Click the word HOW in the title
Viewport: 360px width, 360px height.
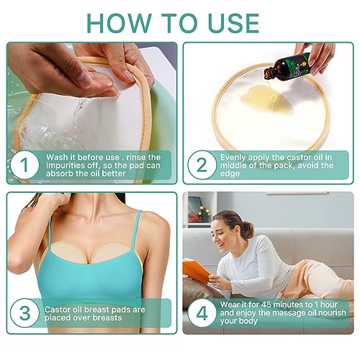click(x=120, y=23)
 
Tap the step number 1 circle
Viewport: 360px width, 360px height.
click(x=24, y=165)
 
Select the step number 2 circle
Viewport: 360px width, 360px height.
click(x=202, y=165)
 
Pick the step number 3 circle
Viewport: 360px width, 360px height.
click(x=24, y=313)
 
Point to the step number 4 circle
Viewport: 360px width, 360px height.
click(x=202, y=313)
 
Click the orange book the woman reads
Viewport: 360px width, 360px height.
click(x=197, y=271)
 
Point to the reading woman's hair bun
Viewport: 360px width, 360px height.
click(x=248, y=230)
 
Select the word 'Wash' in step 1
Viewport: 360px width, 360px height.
click(x=57, y=157)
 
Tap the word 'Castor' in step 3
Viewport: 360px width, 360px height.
click(x=56, y=310)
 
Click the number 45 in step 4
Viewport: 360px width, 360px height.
click(x=266, y=305)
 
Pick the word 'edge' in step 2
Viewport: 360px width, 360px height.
click(x=230, y=174)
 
